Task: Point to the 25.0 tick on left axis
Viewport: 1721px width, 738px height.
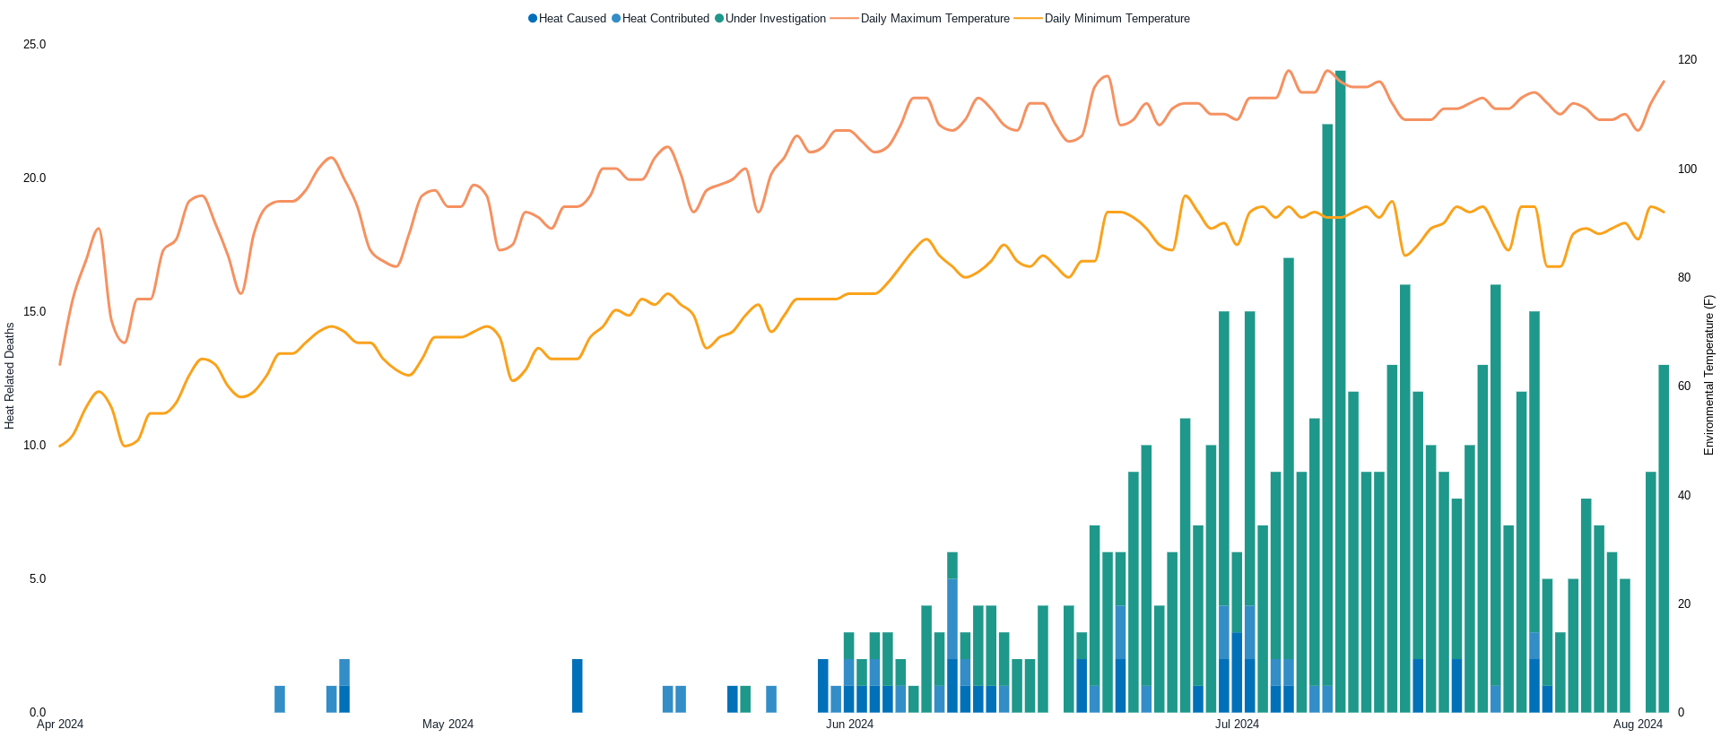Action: point(34,45)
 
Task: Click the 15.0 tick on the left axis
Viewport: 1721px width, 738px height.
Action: point(34,312)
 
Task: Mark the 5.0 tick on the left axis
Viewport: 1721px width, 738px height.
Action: point(38,579)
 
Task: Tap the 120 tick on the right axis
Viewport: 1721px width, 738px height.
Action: point(1687,60)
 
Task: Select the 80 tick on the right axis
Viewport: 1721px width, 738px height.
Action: point(1684,278)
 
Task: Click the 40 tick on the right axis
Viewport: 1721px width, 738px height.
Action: point(1684,496)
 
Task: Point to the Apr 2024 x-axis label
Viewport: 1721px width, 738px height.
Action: point(60,725)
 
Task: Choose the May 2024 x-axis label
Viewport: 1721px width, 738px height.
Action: point(448,725)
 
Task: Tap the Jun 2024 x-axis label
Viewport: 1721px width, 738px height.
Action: point(849,725)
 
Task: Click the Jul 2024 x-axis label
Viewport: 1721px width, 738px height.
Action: point(1237,725)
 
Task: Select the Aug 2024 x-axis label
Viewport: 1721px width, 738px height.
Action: point(1638,725)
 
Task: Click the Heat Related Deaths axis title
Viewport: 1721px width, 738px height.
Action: point(10,376)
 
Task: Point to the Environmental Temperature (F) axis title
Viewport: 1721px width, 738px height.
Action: point(1709,376)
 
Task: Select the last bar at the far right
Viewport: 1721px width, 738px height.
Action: point(1664,538)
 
